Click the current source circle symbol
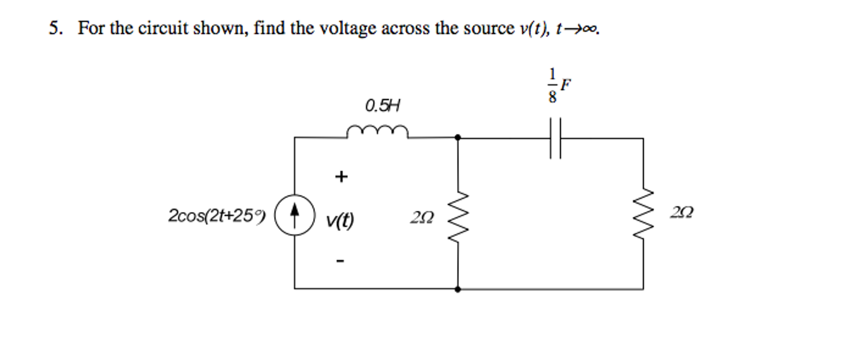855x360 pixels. point(295,215)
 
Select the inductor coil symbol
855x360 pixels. point(377,131)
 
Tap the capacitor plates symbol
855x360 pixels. point(555,138)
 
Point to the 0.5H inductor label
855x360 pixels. point(382,106)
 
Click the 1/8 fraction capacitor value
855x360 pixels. point(552,85)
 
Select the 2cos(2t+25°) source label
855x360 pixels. point(216,216)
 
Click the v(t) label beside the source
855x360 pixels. point(340,220)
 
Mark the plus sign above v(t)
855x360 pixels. point(341,176)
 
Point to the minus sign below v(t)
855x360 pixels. point(340,261)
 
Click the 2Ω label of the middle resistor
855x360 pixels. point(422,217)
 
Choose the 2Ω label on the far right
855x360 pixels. point(682,212)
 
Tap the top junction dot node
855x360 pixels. point(458,137)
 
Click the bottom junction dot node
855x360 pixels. point(458,289)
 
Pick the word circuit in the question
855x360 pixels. point(163,28)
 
